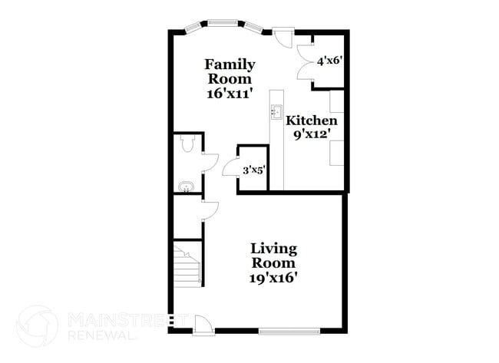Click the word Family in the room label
[230, 64]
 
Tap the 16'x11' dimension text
[230, 94]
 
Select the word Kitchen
[312, 120]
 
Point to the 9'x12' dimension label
[312, 135]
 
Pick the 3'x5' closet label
[253, 170]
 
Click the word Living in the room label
[274, 248]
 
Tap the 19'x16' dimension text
[274, 278]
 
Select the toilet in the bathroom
[184, 145]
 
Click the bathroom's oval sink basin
[185, 186]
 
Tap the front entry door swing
[203, 325]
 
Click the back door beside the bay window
[284, 37]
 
